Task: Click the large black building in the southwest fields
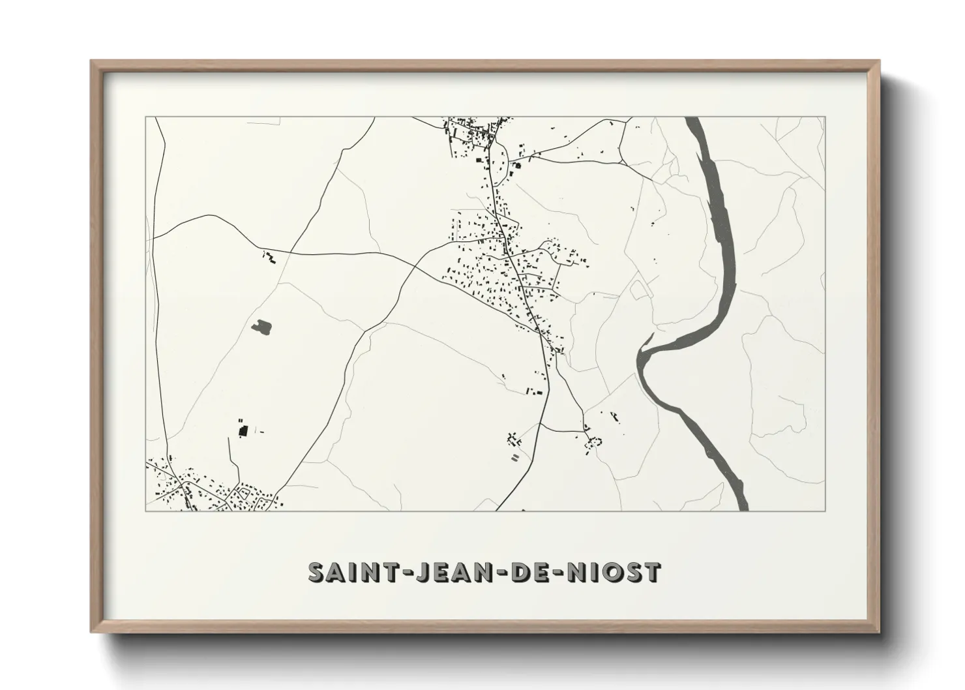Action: tap(243, 430)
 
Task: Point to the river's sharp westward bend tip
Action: tap(641, 358)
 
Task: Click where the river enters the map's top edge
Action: tap(692, 118)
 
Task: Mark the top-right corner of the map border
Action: tap(825, 117)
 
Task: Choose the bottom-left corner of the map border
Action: tap(145, 511)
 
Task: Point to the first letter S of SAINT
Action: tap(316, 573)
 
